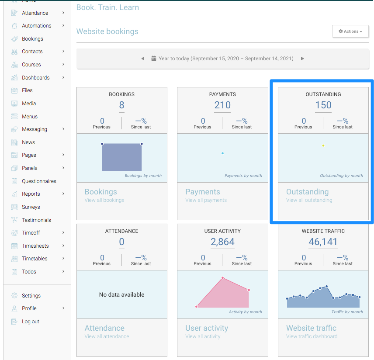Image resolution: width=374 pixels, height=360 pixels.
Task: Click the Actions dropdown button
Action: pyautogui.click(x=350, y=31)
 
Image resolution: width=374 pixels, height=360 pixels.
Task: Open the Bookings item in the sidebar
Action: pyautogui.click(x=32, y=39)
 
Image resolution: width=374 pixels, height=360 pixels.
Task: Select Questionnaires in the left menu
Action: pyautogui.click(x=39, y=181)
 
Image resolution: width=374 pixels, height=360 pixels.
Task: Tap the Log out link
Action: pyautogui.click(x=30, y=322)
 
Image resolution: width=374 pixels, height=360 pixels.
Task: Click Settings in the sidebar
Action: pyautogui.click(x=31, y=296)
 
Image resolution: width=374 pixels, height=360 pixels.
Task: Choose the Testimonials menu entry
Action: pyautogui.click(x=36, y=220)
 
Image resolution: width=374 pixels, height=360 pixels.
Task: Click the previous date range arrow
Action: pyautogui.click(x=143, y=59)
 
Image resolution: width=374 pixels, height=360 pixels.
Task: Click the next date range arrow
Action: pyautogui.click(x=302, y=59)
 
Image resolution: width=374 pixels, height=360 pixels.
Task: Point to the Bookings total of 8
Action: pyautogui.click(x=121, y=105)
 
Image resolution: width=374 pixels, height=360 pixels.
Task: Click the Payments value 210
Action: pyautogui.click(x=222, y=105)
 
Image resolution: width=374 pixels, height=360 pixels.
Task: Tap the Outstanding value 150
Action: pyautogui.click(x=323, y=105)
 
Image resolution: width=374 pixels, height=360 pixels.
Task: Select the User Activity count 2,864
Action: pyautogui.click(x=222, y=242)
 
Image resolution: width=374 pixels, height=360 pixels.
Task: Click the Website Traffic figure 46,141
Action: pyautogui.click(x=323, y=242)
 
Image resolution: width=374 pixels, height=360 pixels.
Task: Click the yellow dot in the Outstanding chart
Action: pyautogui.click(x=323, y=145)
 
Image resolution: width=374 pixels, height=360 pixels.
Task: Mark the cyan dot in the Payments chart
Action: pyautogui.click(x=222, y=153)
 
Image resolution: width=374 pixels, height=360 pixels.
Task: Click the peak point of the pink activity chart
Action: pyautogui.click(x=222, y=278)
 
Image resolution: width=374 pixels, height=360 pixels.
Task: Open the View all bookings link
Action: pyautogui.click(x=104, y=200)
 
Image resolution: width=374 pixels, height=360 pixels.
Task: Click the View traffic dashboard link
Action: pyautogui.click(x=312, y=336)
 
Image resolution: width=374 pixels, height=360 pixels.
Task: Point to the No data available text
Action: pyautogui.click(x=121, y=295)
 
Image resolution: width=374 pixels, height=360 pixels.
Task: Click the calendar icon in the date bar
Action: pyautogui.click(x=154, y=59)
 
